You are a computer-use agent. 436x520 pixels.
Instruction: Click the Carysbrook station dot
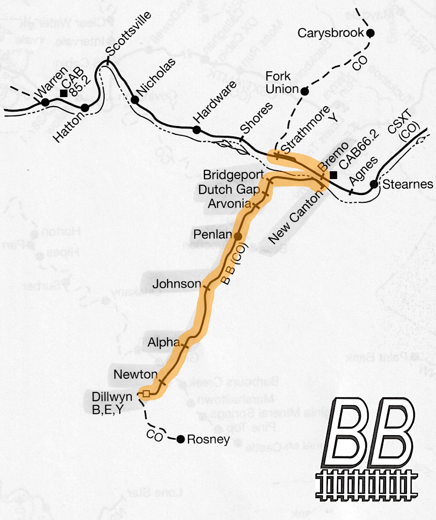[370, 33]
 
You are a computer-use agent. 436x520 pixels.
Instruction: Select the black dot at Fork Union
[305, 91]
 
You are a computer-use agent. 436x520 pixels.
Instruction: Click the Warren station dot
[45, 102]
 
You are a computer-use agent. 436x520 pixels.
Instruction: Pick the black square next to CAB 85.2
[63, 93]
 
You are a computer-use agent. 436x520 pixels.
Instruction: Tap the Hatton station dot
[85, 108]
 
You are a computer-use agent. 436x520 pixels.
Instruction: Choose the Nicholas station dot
[135, 100]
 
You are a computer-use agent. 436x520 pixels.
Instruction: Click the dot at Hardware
[197, 130]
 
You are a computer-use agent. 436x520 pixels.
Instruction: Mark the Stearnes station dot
[374, 184]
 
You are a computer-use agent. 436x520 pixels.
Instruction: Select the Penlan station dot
[238, 236]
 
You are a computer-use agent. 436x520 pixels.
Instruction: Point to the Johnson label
[176, 284]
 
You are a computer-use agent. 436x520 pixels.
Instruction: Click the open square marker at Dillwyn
[145, 393]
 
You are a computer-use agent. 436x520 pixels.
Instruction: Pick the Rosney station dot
[180, 439]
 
